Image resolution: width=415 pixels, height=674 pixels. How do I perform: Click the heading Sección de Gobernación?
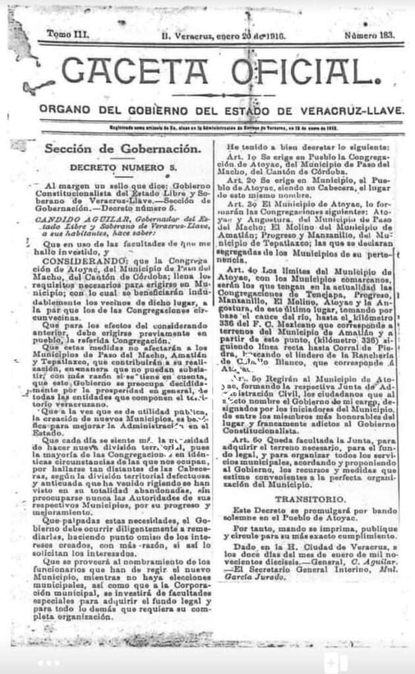pos(122,149)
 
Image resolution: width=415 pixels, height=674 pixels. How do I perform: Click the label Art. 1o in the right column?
pos(238,157)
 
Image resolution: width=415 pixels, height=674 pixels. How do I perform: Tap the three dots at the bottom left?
pos(49,662)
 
